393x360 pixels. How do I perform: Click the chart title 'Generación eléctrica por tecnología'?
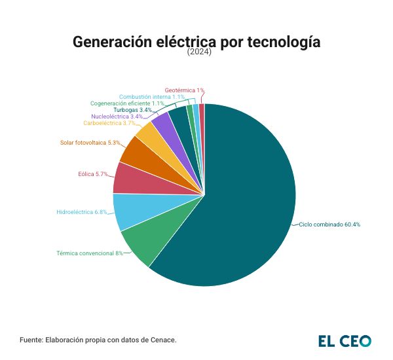pyautogui.click(x=196, y=42)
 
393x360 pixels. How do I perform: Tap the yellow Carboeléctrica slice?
pyautogui.click(x=149, y=135)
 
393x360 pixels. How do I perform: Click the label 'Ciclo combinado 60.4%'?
pyautogui.click(x=329, y=225)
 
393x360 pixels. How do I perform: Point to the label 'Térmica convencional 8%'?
pyautogui.click(x=90, y=253)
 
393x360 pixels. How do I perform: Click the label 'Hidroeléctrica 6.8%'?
pyautogui.click(x=81, y=212)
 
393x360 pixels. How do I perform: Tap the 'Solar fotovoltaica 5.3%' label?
pyautogui.click(x=90, y=142)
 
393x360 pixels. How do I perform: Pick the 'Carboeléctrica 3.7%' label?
pyautogui.click(x=109, y=123)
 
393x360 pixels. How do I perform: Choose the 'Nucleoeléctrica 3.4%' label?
pyautogui.click(x=117, y=117)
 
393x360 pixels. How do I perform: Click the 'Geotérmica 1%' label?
pyautogui.click(x=185, y=90)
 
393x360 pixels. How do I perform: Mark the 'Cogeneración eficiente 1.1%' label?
pyautogui.click(x=127, y=103)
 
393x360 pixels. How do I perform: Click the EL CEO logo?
pyautogui.click(x=345, y=340)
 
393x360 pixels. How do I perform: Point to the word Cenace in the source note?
pyautogui.click(x=162, y=340)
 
